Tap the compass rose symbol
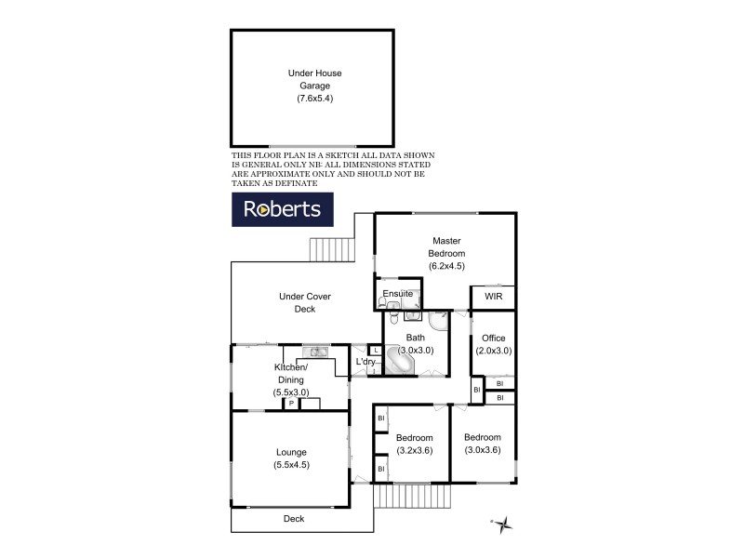coord(503,525)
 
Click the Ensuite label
coord(397,294)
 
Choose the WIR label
coord(493,299)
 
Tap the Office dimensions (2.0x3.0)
coord(493,351)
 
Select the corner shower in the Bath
coord(438,322)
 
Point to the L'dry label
coord(365,362)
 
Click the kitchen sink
coord(317,352)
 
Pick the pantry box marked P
coord(290,404)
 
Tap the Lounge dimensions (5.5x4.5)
coord(291,465)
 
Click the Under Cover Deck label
coord(305,302)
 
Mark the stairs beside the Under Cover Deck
coord(332,249)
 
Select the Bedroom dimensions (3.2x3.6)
coord(415,450)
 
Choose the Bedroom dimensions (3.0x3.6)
coord(483,450)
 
